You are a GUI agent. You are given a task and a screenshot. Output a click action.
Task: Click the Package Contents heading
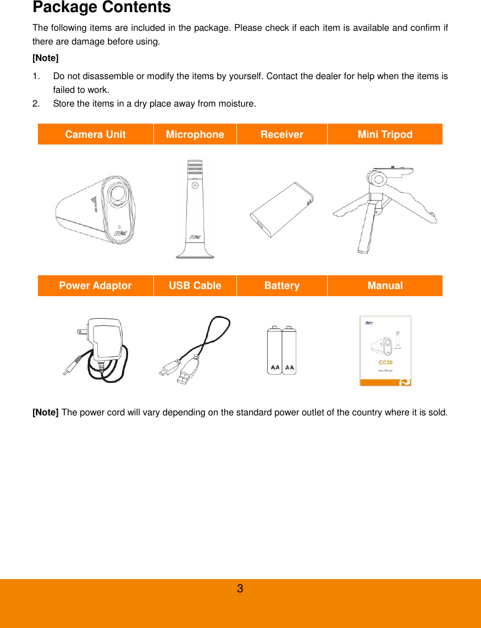click(x=102, y=8)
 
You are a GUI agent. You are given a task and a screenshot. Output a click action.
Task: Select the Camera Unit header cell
click(x=95, y=135)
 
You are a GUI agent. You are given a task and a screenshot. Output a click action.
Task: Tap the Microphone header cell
click(x=195, y=135)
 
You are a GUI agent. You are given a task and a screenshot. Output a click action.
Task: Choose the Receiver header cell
click(x=281, y=135)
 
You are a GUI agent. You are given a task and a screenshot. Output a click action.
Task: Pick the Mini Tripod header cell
click(x=385, y=135)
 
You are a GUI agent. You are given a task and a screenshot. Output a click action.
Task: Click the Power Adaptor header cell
click(x=95, y=286)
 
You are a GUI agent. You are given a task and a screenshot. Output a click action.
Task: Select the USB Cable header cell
click(x=195, y=286)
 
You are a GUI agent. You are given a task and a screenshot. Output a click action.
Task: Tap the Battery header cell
click(x=281, y=286)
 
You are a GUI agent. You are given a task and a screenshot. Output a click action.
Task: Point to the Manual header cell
click(x=385, y=286)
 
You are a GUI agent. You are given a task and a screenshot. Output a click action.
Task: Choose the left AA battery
click(x=274, y=352)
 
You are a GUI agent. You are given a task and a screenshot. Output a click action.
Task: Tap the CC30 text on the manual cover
click(x=385, y=363)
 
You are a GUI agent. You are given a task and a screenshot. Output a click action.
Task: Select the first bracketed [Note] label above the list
click(x=46, y=58)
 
